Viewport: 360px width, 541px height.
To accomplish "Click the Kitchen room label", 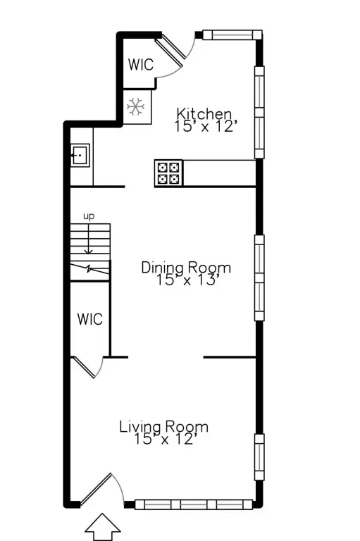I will [x=204, y=113].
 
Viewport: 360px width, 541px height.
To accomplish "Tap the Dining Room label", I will [x=186, y=268].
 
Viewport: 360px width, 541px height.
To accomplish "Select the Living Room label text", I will [x=163, y=426].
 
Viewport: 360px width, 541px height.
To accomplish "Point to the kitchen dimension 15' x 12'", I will [x=203, y=126].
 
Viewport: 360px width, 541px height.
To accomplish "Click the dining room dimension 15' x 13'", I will [x=186, y=280].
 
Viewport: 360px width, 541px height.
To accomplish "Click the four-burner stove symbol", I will [x=168, y=173].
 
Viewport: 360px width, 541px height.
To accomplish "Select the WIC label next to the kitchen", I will [x=140, y=64].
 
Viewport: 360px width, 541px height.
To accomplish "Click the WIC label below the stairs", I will [x=89, y=319].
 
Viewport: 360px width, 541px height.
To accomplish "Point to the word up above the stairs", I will [x=89, y=216].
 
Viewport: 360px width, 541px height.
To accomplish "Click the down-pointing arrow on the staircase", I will [x=89, y=247].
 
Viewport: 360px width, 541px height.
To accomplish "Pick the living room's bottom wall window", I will [x=193, y=504].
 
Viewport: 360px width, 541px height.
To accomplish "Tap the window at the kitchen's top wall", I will [x=232, y=34].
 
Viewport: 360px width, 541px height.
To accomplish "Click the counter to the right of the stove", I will [x=218, y=173].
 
